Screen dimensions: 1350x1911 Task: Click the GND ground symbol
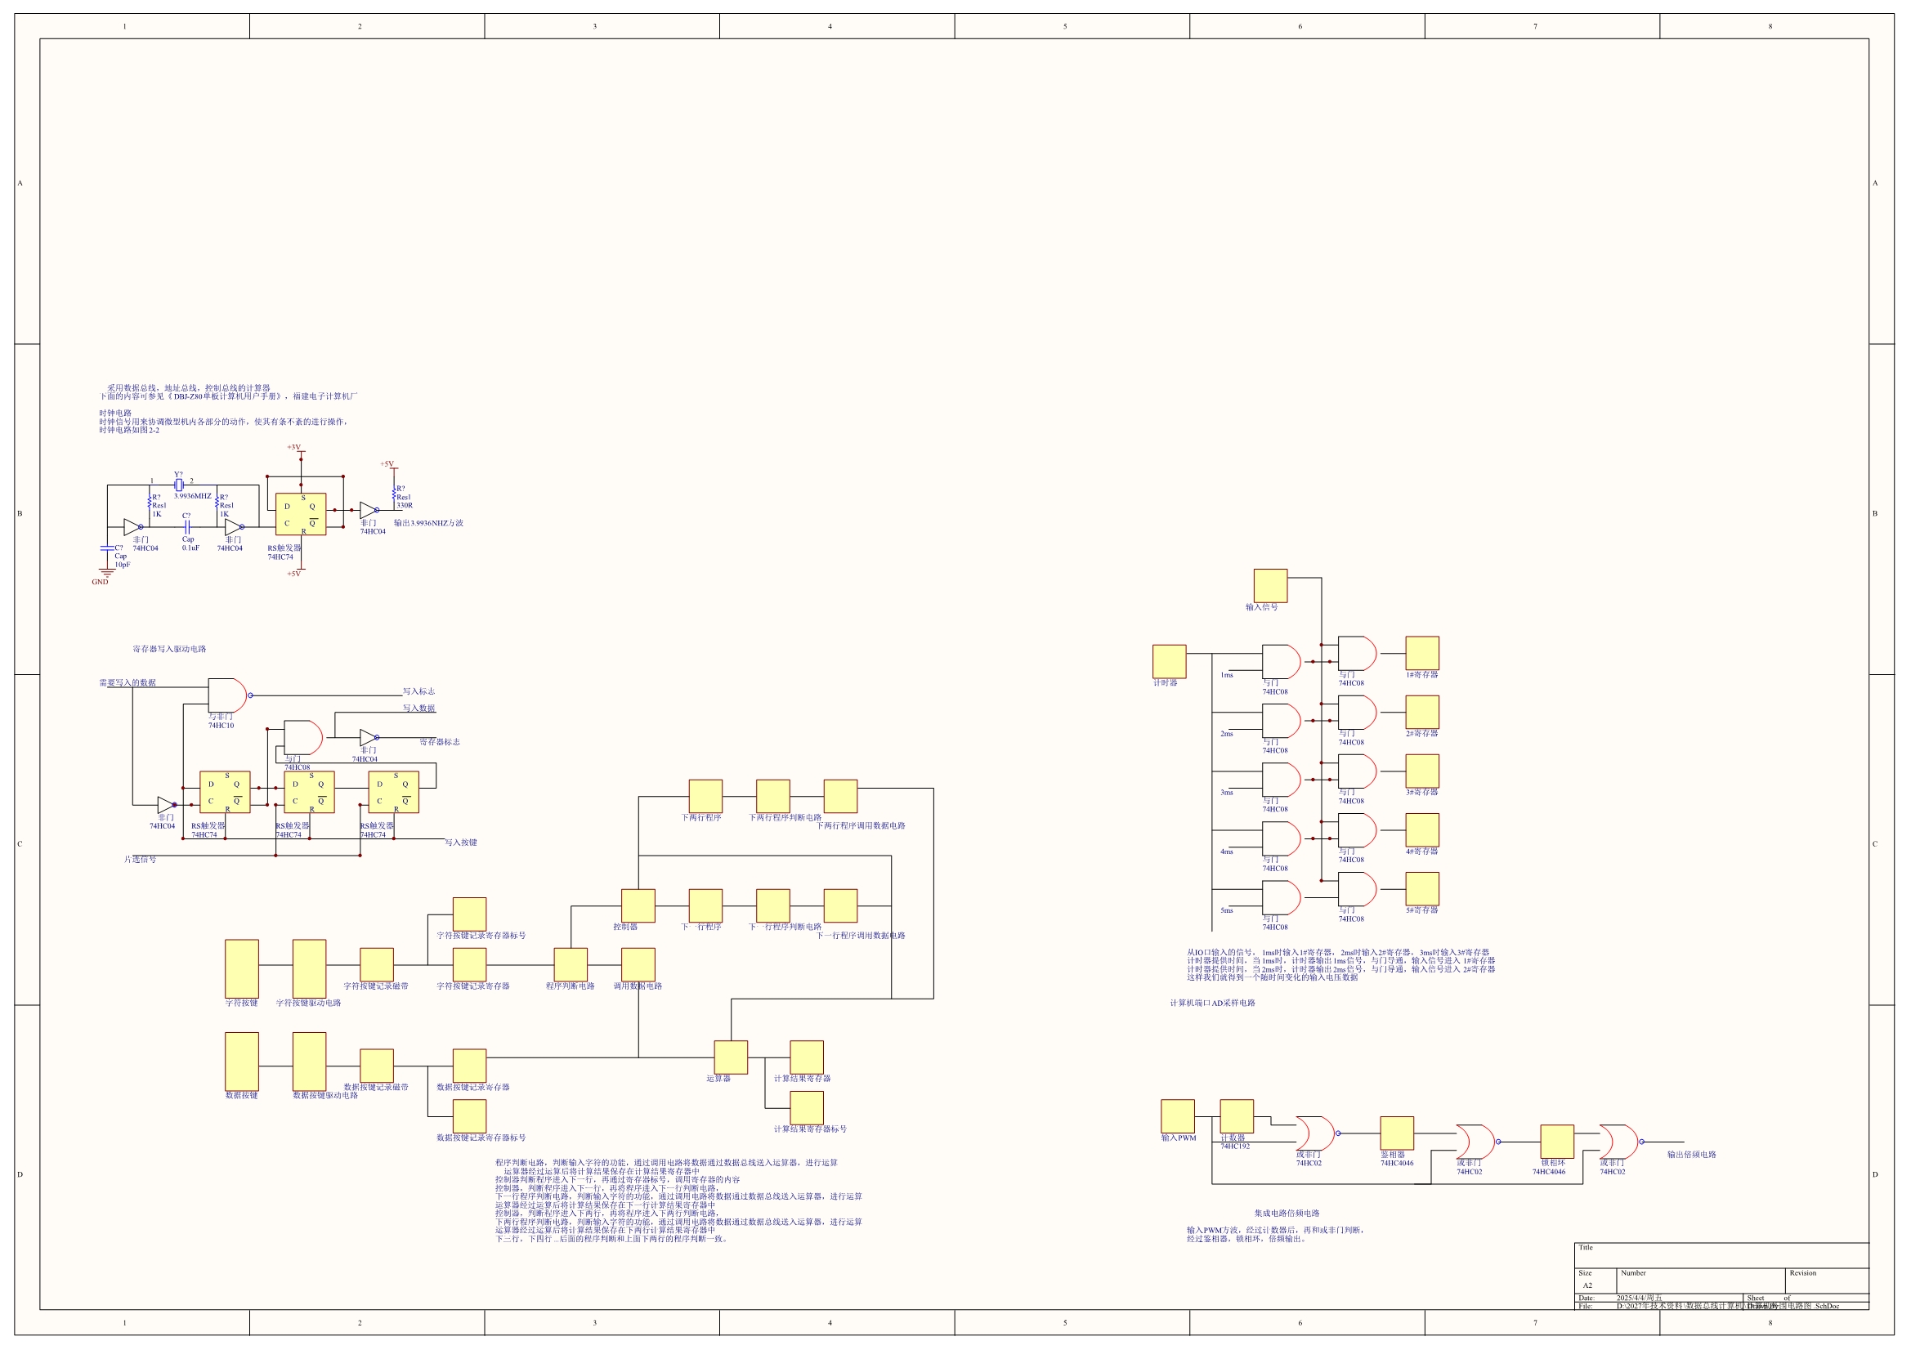click(x=106, y=574)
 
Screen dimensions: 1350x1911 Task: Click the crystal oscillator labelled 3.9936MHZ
click(x=179, y=485)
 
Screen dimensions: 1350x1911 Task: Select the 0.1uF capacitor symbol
click(x=187, y=527)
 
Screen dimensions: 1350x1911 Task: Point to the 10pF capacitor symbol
click(x=106, y=548)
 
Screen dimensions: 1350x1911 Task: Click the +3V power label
click(x=293, y=448)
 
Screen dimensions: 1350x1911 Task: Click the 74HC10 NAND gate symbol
click(x=227, y=695)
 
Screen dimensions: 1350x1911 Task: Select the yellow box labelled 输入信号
click(x=1270, y=586)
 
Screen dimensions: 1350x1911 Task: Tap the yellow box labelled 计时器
click(x=1169, y=662)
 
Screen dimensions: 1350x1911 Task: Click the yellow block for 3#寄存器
click(x=1421, y=771)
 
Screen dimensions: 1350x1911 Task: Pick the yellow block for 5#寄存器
click(x=1421, y=889)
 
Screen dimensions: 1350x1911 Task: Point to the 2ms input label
click(x=1227, y=734)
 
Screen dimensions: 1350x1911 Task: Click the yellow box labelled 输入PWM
click(x=1177, y=1116)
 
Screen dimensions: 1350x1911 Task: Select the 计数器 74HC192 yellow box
click(x=1236, y=1116)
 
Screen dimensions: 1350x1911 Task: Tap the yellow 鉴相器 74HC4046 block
click(x=1397, y=1133)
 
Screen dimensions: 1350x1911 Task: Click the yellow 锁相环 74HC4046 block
click(x=1556, y=1141)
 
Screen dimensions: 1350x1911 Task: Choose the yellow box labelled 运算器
click(x=731, y=1057)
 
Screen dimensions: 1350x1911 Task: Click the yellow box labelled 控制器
click(x=638, y=905)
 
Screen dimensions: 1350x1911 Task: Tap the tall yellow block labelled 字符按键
click(x=241, y=969)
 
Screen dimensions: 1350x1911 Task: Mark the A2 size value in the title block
click(x=1587, y=1286)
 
